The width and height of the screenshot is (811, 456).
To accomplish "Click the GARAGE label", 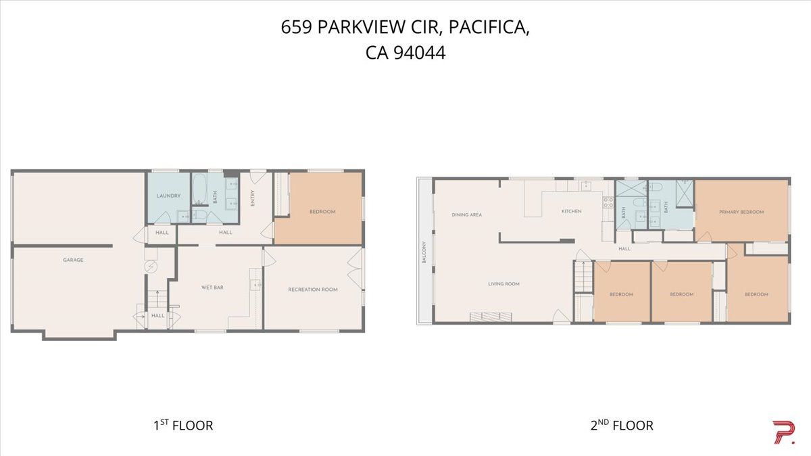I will (x=73, y=260).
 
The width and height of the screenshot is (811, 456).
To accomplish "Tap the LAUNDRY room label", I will (x=168, y=196).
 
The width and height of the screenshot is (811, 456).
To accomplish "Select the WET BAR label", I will (x=212, y=288).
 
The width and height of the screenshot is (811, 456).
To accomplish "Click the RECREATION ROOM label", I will (x=312, y=290).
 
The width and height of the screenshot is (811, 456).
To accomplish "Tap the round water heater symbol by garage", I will (x=150, y=268).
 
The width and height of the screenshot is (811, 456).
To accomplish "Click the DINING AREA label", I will (x=466, y=215).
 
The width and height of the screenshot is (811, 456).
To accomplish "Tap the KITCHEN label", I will (x=571, y=212).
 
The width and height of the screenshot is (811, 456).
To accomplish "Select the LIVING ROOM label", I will (x=503, y=284).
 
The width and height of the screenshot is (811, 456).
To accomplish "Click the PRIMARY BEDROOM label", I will (x=741, y=212).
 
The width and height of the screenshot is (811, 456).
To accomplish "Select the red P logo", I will (x=783, y=432).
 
